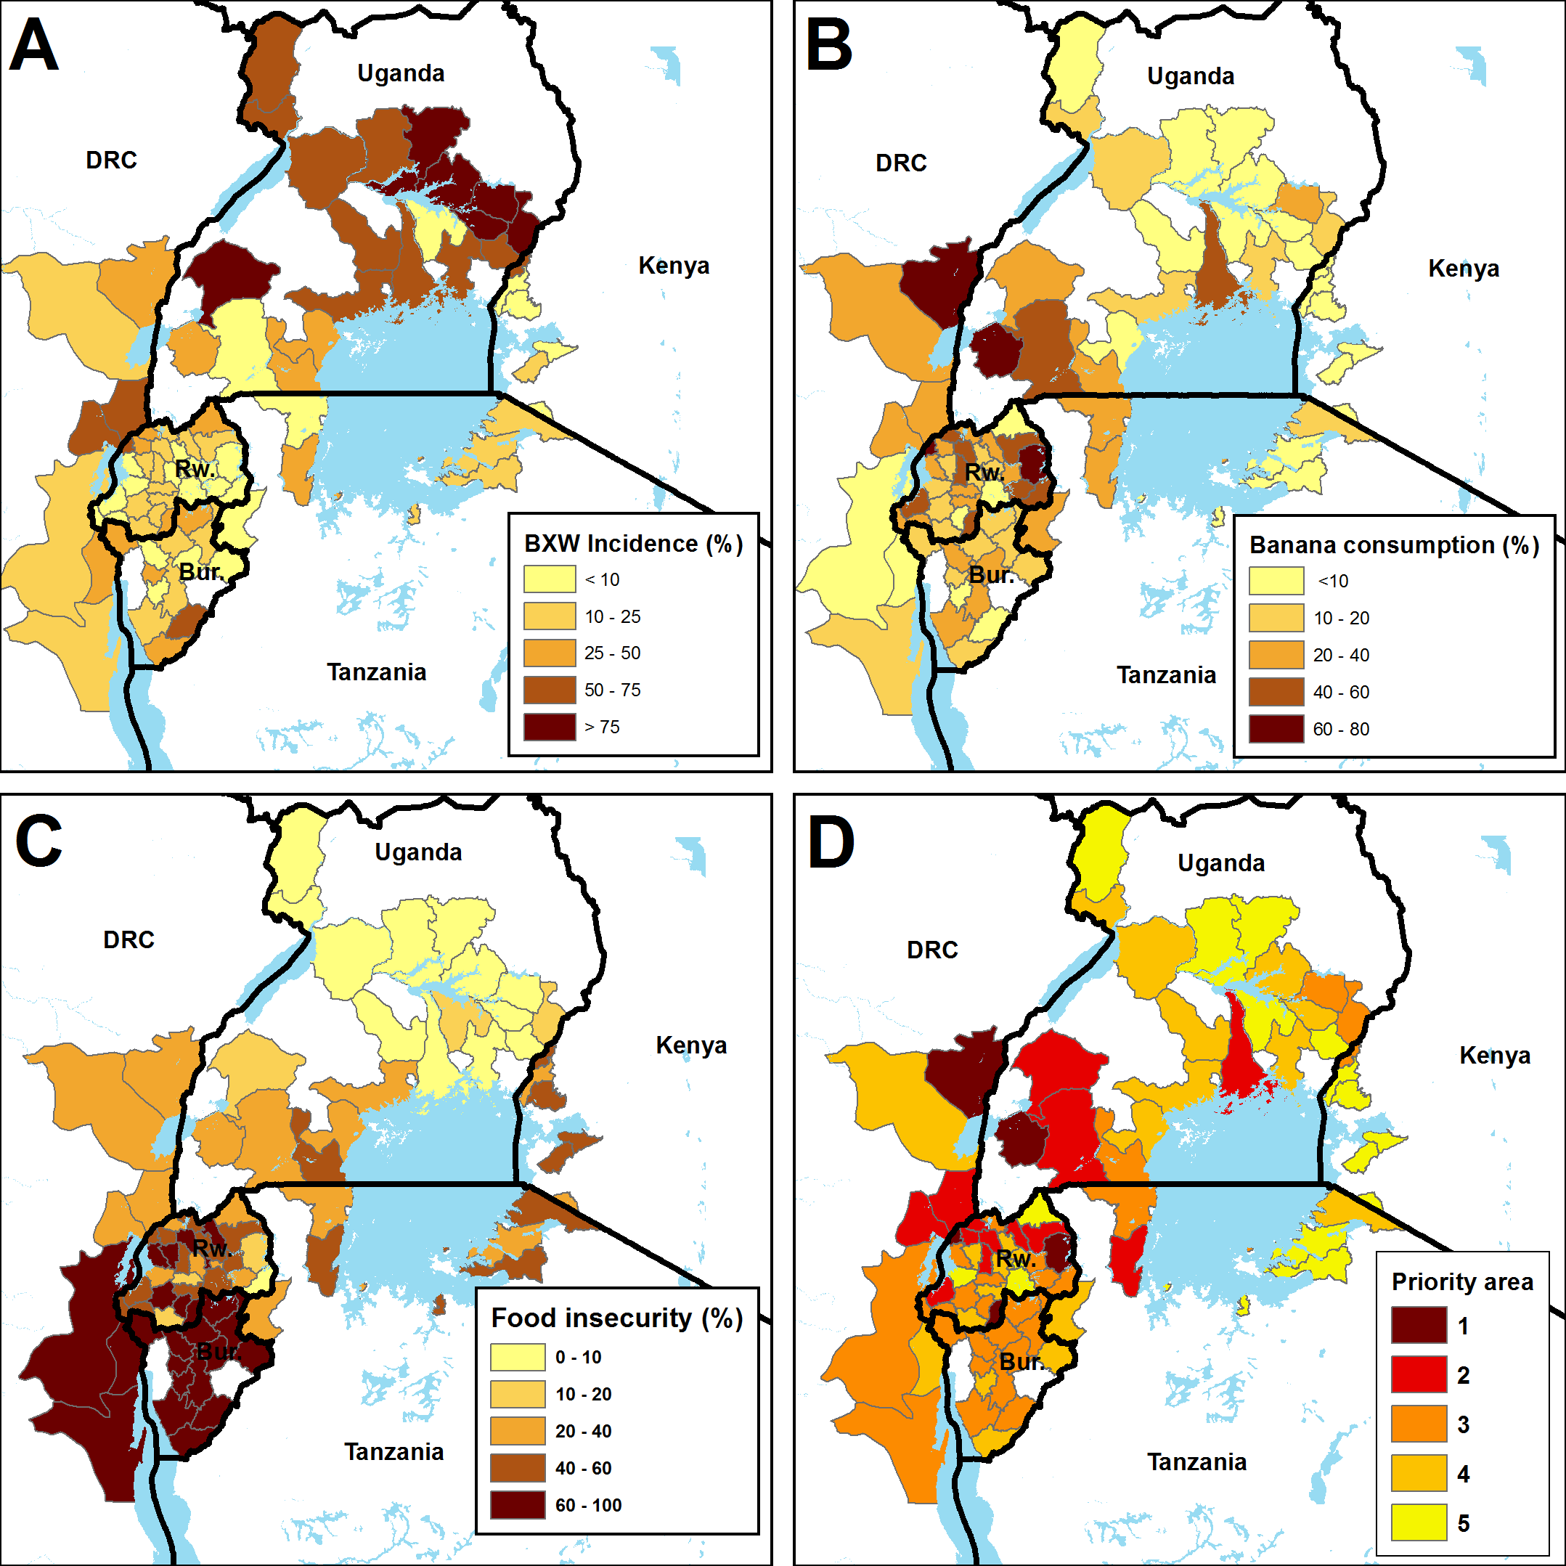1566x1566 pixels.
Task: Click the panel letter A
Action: [x=34, y=44]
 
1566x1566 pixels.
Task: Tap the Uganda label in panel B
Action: [x=1190, y=76]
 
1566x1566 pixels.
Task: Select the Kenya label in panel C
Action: [x=690, y=1045]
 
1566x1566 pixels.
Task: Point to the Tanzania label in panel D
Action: [x=1196, y=1461]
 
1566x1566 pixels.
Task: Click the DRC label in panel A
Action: [x=111, y=160]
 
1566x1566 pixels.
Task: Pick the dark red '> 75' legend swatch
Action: [x=550, y=727]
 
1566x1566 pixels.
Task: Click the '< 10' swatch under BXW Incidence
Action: [x=550, y=579]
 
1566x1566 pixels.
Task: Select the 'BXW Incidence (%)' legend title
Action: [x=633, y=543]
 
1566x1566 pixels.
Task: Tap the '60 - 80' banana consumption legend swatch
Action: [x=1276, y=729]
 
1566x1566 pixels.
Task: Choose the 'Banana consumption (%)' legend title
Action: [x=1394, y=545]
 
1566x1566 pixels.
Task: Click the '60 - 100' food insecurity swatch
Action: [x=517, y=1505]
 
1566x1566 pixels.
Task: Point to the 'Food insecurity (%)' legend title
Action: [x=617, y=1318]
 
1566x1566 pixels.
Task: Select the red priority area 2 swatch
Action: [x=1419, y=1375]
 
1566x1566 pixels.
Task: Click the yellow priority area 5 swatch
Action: [x=1419, y=1522]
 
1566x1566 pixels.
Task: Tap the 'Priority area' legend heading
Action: [x=1462, y=1281]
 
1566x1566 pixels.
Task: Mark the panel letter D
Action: [x=831, y=842]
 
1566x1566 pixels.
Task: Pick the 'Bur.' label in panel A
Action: [x=200, y=572]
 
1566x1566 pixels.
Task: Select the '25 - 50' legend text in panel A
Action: [x=612, y=653]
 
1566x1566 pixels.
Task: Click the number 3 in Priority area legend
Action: [x=1463, y=1424]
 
